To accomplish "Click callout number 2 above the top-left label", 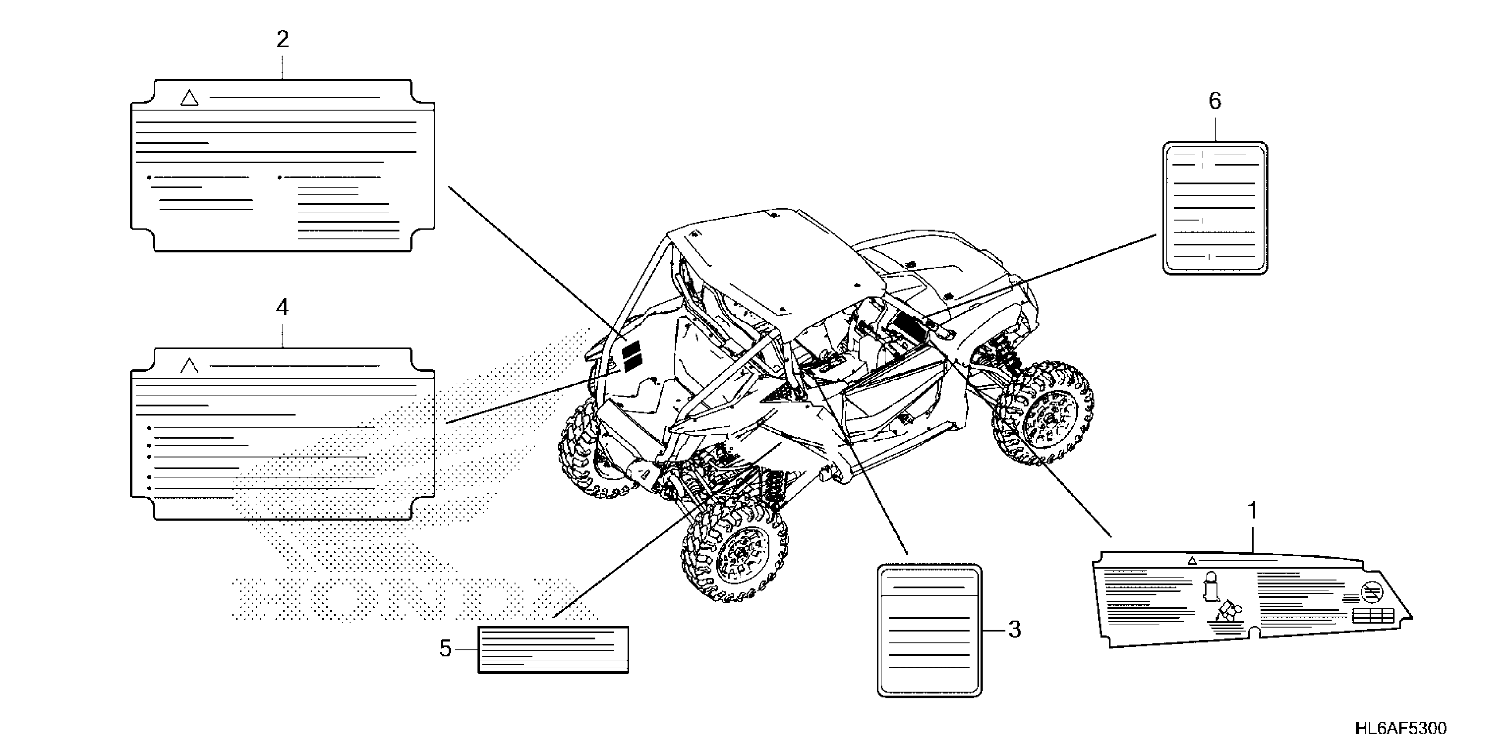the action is pyautogui.click(x=283, y=40).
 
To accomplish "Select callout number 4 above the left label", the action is pyautogui.click(x=283, y=307).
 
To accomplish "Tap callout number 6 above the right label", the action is pyautogui.click(x=1215, y=101).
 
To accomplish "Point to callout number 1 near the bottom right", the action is pyautogui.click(x=1252, y=511).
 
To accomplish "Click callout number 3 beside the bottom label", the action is pyautogui.click(x=1015, y=630).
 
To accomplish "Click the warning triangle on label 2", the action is pyautogui.click(x=190, y=98).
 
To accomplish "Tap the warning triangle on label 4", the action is pyautogui.click(x=190, y=367).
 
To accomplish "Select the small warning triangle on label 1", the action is pyautogui.click(x=1192, y=561).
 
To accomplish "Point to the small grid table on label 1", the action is pyautogui.click(x=1373, y=616).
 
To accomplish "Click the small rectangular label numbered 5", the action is pyautogui.click(x=553, y=649).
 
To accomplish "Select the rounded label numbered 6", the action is pyautogui.click(x=1215, y=208).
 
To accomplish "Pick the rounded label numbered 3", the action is pyautogui.click(x=930, y=630).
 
